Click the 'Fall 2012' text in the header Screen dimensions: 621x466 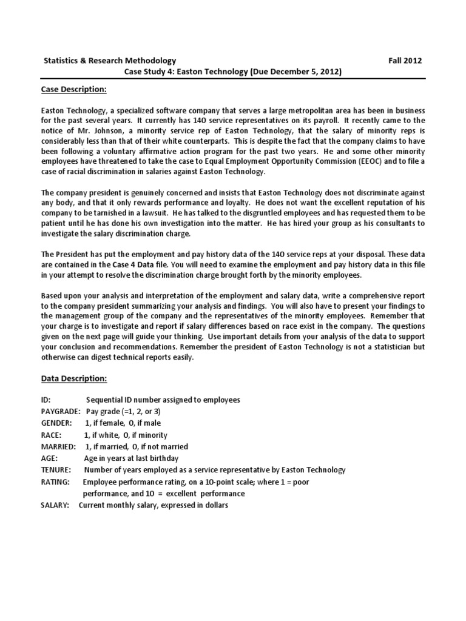pos(405,61)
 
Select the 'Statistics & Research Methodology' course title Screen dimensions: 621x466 pos(110,61)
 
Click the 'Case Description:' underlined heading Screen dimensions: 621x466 pos(73,90)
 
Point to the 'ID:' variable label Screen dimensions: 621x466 pos(47,400)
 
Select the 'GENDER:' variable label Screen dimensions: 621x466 pos(56,423)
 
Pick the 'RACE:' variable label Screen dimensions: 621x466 pos(52,435)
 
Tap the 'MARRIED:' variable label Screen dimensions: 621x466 pos(58,446)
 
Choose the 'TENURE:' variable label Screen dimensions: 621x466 pos(56,470)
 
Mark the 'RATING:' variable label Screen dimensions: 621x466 pos(55,482)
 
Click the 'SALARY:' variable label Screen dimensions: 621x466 pos(55,505)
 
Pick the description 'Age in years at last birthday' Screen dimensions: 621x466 pos(132,458)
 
